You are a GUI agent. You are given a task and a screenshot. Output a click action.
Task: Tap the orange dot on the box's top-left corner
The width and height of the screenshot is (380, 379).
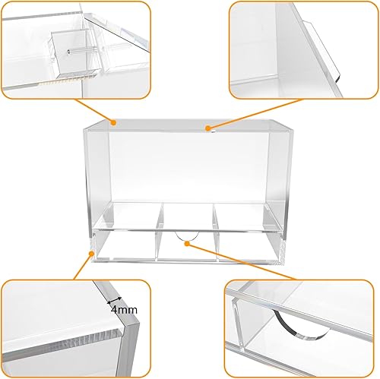click(113, 120)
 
